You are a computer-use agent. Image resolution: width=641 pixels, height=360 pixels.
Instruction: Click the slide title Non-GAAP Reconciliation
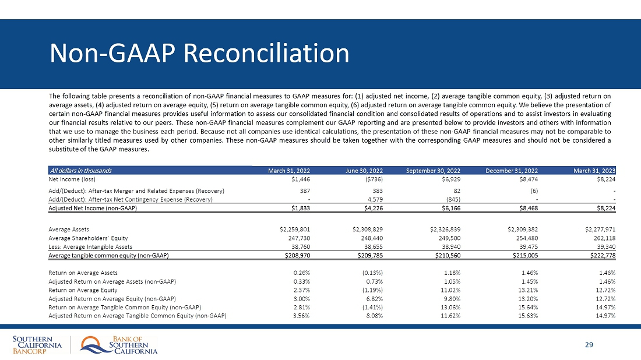pos(199,54)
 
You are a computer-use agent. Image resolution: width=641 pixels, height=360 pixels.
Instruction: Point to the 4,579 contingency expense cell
pos(374,200)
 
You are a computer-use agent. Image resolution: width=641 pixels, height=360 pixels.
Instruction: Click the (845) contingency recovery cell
pos(452,200)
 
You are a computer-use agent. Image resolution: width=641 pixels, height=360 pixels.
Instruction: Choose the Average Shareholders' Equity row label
pos(88,238)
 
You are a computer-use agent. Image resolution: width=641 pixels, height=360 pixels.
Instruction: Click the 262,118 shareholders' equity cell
pos(603,238)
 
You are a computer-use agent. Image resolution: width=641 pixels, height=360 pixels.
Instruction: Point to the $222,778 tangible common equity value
pos(600,255)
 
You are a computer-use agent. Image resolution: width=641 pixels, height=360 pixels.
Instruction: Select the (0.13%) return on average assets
pos(371,273)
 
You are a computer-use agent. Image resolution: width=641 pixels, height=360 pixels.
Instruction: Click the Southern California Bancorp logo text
pos(37,344)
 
